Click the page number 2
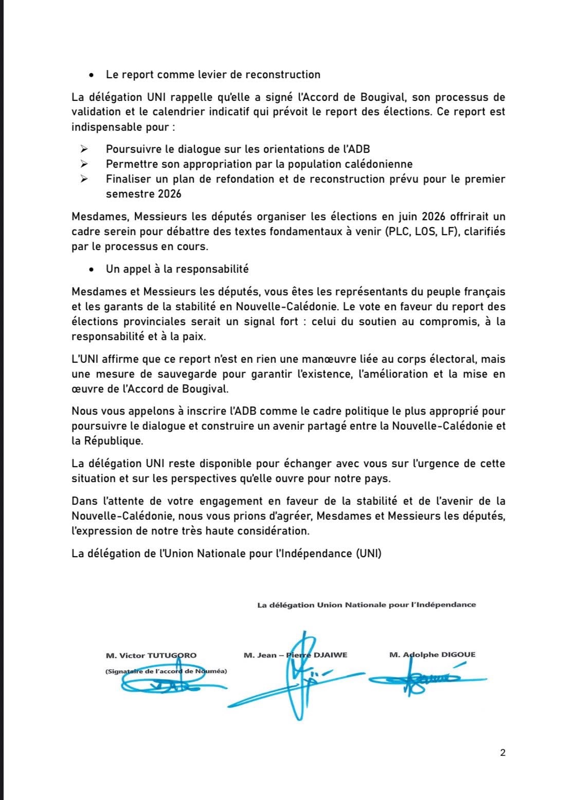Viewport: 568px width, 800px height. click(x=502, y=753)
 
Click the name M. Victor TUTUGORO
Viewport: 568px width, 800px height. click(x=151, y=655)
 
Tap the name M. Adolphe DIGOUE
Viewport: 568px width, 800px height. click(x=432, y=655)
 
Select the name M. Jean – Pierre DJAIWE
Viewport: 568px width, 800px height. click(x=296, y=655)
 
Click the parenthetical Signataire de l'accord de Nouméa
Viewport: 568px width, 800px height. click(x=166, y=671)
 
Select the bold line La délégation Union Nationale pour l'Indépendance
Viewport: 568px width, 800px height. click(x=367, y=605)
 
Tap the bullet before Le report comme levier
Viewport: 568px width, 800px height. click(x=91, y=75)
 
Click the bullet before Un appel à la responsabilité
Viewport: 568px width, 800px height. click(x=91, y=269)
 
